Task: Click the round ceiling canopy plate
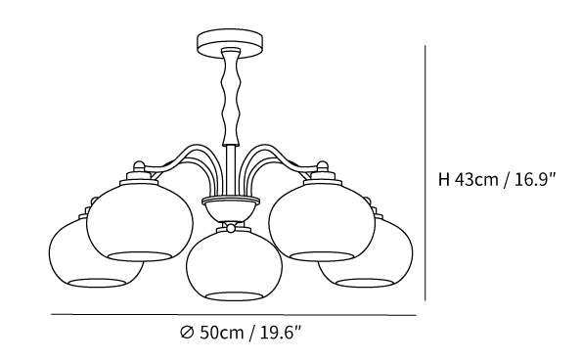(x=230, y=43)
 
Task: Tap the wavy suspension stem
(x=230, y=97)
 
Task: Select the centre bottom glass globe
(x=234, y=264)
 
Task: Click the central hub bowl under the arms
(x=230, y=209)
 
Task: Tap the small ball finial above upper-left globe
(x=139, y=165)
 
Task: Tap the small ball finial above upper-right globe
(x=322, y=165)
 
